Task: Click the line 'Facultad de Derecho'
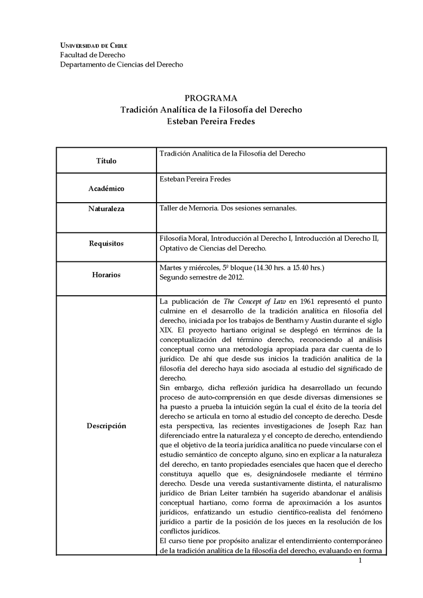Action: coord(93,55)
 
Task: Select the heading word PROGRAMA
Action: coord(211,98)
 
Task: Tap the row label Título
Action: coord(106,161)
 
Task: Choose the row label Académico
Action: coord(106,188)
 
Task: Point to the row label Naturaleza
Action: coord(106,209)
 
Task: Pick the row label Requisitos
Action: coord(106,243)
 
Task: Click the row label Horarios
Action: coord(106,275)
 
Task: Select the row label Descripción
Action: coord(106,426)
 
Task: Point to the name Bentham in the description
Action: coord(287,321)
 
